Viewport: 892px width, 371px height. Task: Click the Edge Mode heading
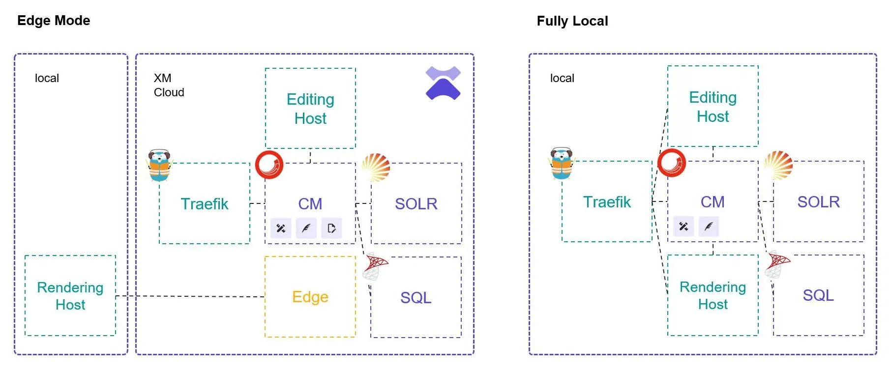(54, 21)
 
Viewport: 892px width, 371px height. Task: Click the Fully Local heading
(572, 21)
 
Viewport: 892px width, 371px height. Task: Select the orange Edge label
(310, 297)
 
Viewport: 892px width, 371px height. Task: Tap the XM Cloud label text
(169, 85)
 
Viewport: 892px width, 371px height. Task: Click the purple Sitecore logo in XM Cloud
(443, 83)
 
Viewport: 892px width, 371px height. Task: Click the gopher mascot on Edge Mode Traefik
(159, 166)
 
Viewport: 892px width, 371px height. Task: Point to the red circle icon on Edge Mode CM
(269, 164)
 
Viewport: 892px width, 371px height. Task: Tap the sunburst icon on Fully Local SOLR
(778, 165)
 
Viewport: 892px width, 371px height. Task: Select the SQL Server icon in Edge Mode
(375, 266)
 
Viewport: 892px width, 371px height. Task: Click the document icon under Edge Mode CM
(331, 228)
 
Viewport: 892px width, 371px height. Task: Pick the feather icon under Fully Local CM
(709, 227)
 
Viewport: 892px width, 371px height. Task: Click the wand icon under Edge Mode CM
(281, 228)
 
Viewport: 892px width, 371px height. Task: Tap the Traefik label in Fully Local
(607, 202)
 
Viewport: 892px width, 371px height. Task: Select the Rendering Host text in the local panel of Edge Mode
(70, 296)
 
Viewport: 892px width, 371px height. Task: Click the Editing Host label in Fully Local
(713, 107)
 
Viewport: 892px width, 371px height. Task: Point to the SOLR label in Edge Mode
(416, 204)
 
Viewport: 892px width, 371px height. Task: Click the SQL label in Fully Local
(818, 295)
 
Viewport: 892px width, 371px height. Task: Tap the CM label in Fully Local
(713, 202)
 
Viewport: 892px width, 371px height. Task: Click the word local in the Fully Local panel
(562, 78)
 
